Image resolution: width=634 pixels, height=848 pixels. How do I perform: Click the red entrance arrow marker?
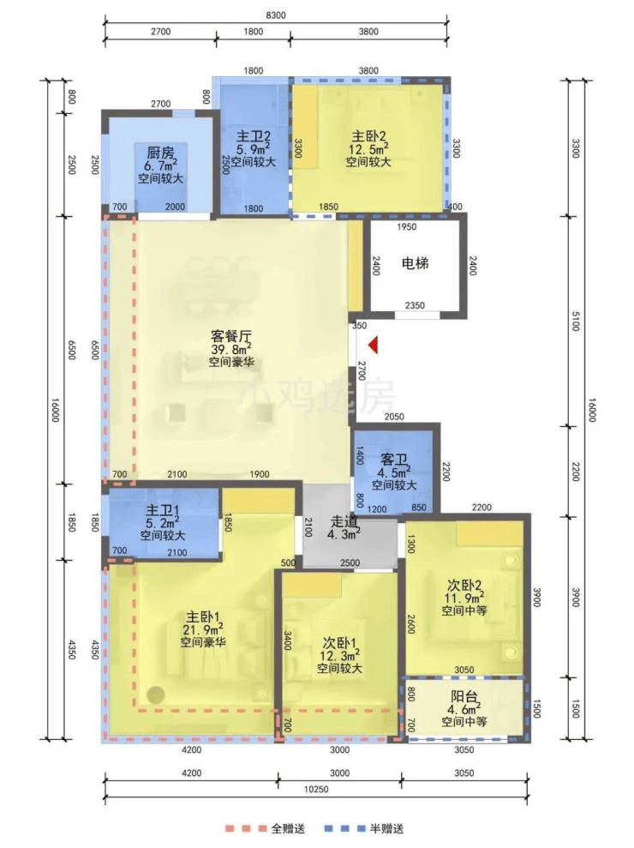(373, 345)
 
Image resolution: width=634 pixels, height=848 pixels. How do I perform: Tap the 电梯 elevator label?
(415, 263)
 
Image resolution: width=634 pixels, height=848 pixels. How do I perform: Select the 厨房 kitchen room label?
(160, 153)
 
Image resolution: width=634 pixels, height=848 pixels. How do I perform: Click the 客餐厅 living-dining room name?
(230, 336)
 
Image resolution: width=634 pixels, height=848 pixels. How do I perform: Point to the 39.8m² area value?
(230, 349)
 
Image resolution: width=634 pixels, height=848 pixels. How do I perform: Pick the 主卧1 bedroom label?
(203, 616)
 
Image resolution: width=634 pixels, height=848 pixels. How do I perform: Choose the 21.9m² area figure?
(203, 629)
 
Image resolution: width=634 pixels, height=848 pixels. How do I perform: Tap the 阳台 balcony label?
(464, 696)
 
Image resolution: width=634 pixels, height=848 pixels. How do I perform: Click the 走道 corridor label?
(344, 522)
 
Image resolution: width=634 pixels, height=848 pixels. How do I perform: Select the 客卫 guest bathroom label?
(393, 460)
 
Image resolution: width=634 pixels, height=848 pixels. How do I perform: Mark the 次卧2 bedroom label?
(464, 585)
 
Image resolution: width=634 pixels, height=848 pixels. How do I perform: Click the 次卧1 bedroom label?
(339, 643)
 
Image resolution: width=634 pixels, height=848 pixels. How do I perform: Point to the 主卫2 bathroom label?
(254, 135)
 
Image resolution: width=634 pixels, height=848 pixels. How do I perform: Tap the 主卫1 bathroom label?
(163, 510)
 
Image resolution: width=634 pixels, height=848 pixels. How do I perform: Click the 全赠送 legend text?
(288, 828)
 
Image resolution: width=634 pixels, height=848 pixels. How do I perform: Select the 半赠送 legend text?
(386, 828)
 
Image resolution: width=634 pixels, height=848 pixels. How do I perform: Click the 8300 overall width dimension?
(276, 15)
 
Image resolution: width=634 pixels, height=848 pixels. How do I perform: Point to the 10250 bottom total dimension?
(316, 789)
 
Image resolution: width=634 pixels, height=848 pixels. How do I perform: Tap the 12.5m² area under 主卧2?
(368, 148)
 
